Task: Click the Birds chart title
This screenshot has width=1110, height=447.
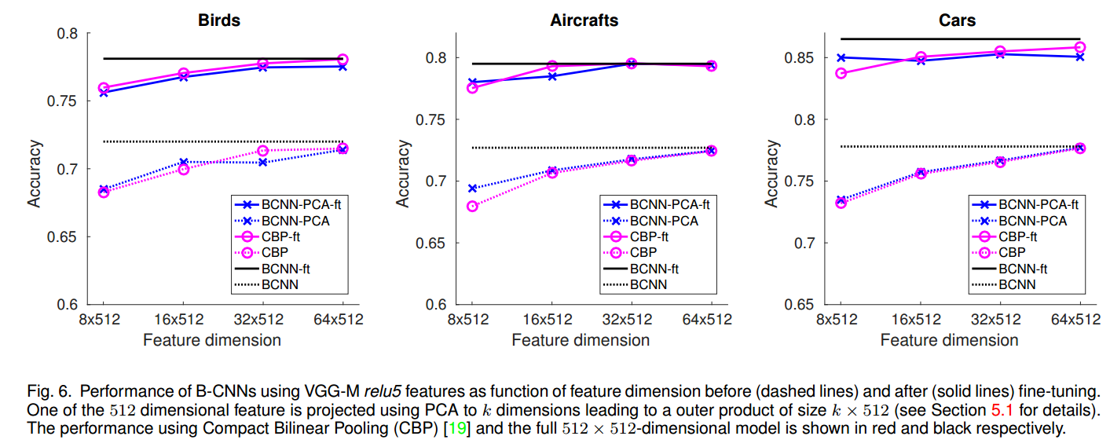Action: (x=218, y=20)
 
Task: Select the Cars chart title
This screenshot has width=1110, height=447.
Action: (x=957, y=20)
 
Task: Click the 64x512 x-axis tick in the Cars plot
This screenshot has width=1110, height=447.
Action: (x=1079, y=320)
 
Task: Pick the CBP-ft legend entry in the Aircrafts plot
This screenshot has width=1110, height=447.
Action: (x=650, y=236)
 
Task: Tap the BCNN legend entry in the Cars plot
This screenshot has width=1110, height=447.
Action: (x=1017, y=284)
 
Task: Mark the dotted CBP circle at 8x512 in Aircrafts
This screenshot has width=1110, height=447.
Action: (x=471, y=207)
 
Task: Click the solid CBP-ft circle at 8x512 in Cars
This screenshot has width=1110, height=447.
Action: (x=841, y=73)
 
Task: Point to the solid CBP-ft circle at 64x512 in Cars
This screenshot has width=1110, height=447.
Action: (x=1079, y=47)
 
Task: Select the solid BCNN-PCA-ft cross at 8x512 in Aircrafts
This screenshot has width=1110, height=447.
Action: (x=471, y=82)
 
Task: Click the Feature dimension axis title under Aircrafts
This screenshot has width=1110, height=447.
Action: (x=581, y=340)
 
